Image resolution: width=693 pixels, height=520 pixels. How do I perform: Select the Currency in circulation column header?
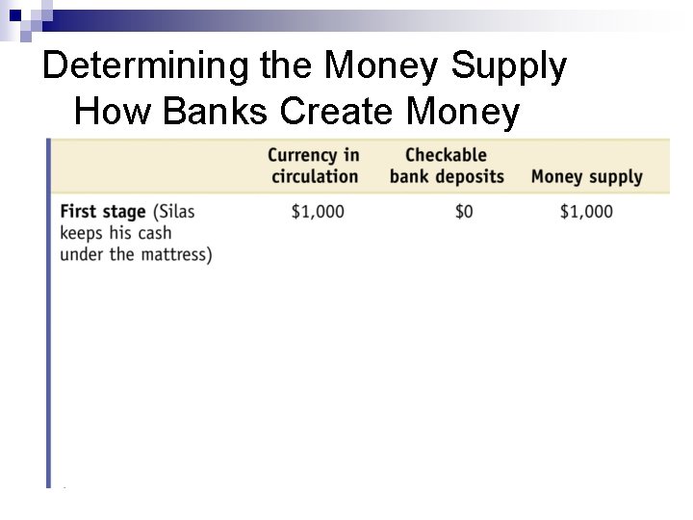coord(314,166)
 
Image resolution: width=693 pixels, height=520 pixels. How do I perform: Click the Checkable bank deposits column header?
coord(446,166)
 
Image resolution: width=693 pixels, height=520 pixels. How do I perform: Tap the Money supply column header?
coord(586,177)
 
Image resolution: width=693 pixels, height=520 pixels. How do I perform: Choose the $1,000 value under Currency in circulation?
coord(317,212)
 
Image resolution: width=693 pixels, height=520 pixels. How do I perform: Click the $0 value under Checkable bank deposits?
coord(463,212)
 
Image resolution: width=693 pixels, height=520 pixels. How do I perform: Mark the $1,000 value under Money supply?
coord(586,212)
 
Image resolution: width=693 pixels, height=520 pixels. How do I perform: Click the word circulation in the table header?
coord(315,177)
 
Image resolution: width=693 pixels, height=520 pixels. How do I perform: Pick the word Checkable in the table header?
coord(446,155)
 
